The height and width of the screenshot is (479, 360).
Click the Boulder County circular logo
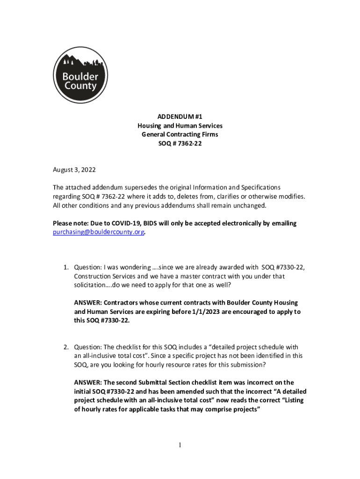tap(80, 75)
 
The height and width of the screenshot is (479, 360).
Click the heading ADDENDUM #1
tap(180, 117)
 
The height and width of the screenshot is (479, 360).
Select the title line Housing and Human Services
tap(180, 126)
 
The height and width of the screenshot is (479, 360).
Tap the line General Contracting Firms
tap(180, 135)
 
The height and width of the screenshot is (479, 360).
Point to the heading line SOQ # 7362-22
tap(180, 144)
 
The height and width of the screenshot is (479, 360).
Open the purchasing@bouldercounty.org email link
tap(98, 232)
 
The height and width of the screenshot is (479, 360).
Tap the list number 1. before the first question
tap(67, 267)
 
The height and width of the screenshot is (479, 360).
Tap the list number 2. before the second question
tap(67, 347)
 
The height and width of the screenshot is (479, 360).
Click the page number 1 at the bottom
tap(180, 445)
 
